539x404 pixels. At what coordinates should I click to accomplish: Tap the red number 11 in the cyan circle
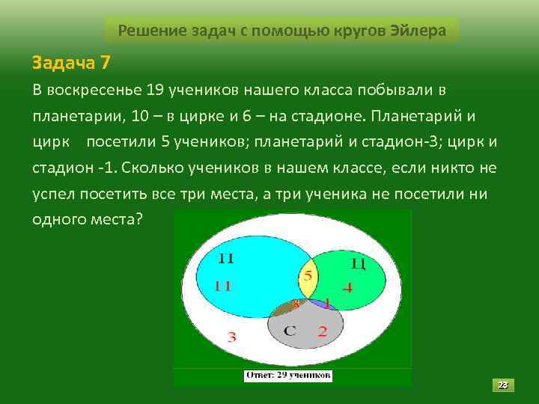point(223,285)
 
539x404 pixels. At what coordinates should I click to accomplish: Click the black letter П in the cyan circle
point(226,259)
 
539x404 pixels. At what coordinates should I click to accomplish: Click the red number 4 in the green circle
point(347,287)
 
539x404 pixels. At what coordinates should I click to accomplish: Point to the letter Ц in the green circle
point(357,263)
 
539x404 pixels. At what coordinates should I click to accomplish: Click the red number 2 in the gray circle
point(322,331)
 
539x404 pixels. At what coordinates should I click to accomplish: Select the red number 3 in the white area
point(231,337)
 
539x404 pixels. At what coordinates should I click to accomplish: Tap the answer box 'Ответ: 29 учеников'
point(289,375)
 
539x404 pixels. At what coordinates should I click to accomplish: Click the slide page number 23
point(503,385)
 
